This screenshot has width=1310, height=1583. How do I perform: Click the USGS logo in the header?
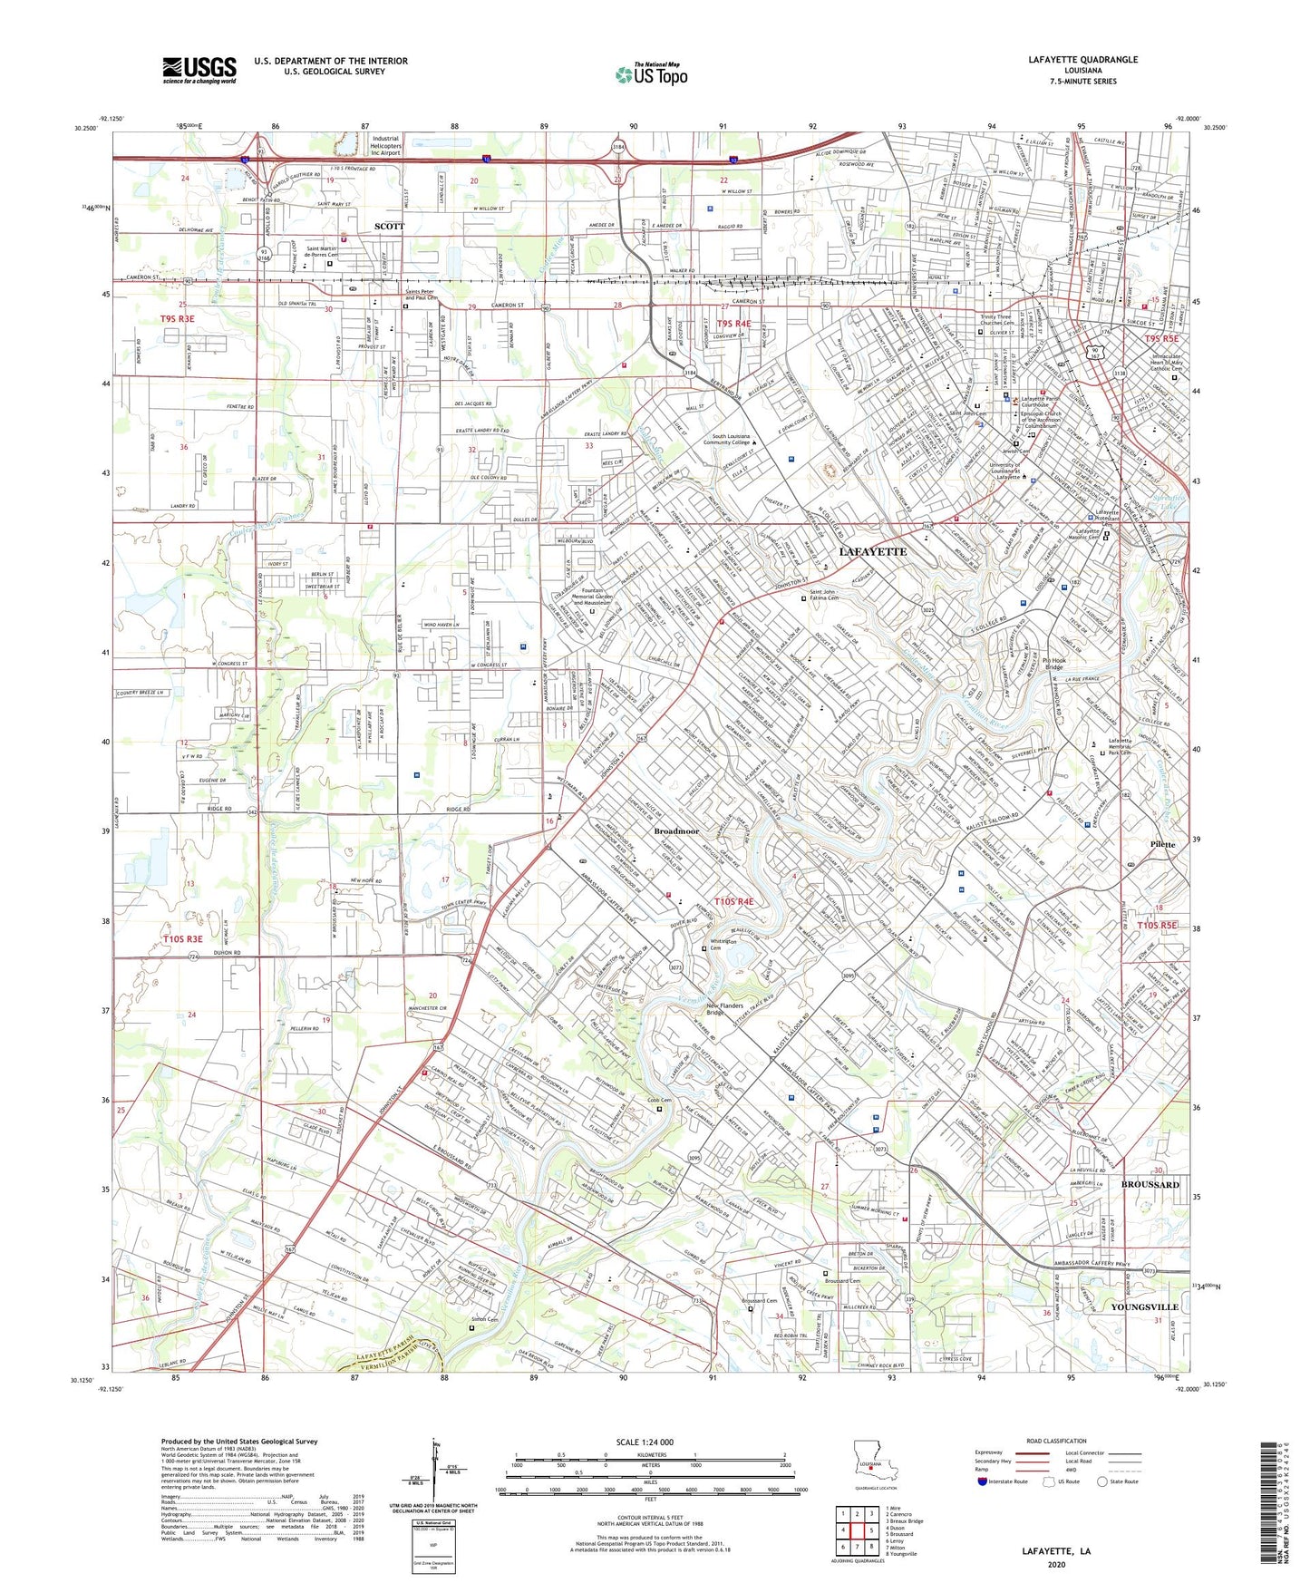pos(199,70)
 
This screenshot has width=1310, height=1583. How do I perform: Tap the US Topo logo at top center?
pos(651,74)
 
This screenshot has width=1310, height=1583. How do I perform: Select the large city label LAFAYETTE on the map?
pos(872,551)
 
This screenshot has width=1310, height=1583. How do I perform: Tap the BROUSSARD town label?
pos(1150,1185)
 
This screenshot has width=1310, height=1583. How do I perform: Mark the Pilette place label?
pos(1162,844)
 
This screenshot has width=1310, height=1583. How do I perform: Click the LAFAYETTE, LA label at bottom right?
pos(1056,1551)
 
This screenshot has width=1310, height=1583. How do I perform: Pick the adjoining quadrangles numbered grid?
pos(857,1533)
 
